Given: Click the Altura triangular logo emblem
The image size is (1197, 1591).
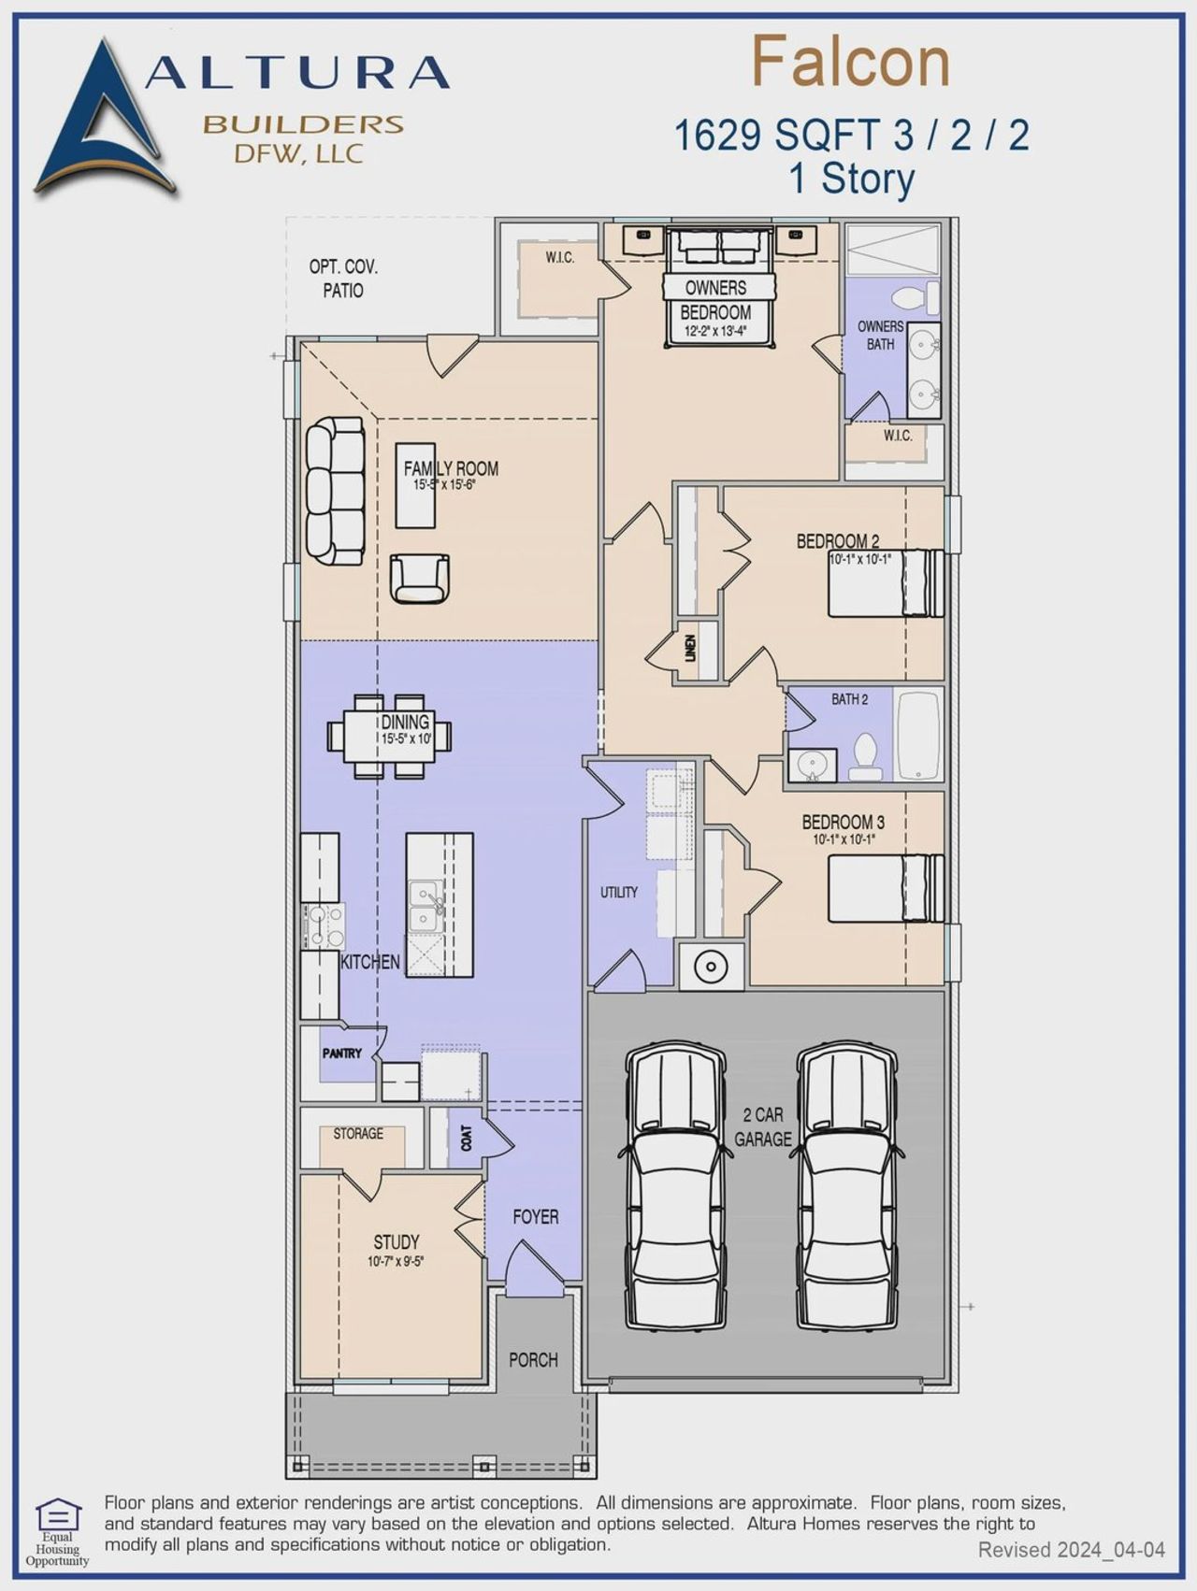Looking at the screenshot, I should [103, 122].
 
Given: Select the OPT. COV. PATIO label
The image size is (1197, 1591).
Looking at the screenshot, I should [343, 279].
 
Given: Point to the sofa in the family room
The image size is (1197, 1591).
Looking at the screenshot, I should [335, 491].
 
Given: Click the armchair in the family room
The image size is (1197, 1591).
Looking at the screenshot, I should [419, 578].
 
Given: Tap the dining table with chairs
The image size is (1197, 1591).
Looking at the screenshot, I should [389, 736].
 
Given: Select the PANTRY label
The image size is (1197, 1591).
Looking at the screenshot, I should [341, 1053].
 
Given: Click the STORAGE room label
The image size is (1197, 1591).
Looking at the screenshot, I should [358, 1133].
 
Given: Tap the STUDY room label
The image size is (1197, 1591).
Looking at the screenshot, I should [397, 1242].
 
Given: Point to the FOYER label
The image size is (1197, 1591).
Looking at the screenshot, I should [535, 1217].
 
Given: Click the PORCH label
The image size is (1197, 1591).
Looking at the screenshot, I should [533, 1360].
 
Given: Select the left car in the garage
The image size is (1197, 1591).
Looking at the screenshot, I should [675, 1184].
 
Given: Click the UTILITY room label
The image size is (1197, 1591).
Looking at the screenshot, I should [619, 893].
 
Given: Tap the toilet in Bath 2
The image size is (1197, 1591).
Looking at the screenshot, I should [865, 757].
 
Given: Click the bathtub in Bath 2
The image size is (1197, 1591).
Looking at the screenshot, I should [918, 736].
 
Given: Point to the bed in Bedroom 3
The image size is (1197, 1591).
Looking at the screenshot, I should [886, 888].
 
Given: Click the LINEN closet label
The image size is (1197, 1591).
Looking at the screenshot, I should [690, 649].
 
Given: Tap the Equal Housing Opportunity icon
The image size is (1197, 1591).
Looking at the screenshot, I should [57, 1516].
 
